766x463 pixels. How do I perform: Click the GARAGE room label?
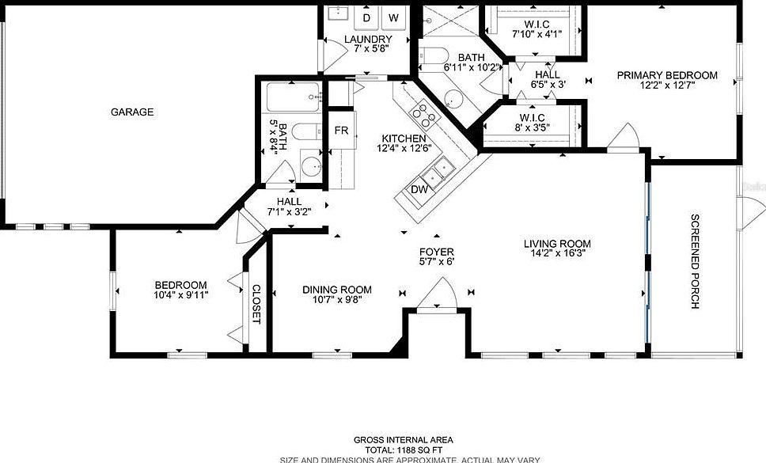[132, 112]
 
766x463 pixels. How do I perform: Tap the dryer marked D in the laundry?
[367, 17]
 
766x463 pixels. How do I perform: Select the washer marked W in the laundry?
[393, 17]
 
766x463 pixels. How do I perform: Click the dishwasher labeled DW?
[419, 190]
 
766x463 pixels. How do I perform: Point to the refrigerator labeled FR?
[342, 131]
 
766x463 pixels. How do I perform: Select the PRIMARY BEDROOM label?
[667, 76]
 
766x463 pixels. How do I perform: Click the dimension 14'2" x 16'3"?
[557, 255]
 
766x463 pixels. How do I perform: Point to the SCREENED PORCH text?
[696, 261]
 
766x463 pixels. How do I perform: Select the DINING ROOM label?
[336, 290]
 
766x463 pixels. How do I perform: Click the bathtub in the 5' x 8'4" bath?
[291, 98]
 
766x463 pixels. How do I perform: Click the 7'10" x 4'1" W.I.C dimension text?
[536, 35]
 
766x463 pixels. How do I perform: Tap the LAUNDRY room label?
[368, 40]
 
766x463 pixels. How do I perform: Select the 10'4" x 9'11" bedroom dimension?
[180, 296]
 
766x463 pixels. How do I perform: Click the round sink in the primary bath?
[453, 100]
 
